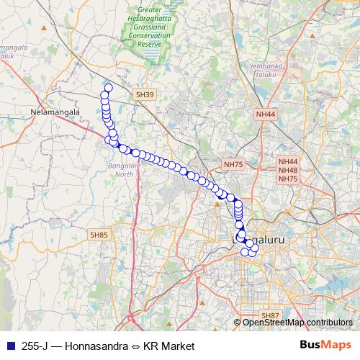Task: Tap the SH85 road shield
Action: (99, 235)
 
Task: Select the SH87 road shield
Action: (270, 316)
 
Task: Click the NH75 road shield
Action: (233, 165)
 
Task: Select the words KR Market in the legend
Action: (169, 346)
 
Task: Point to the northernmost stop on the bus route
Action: (108, 88)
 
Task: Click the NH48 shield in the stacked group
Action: (288, 171)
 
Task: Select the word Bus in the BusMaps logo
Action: (312, 346)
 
